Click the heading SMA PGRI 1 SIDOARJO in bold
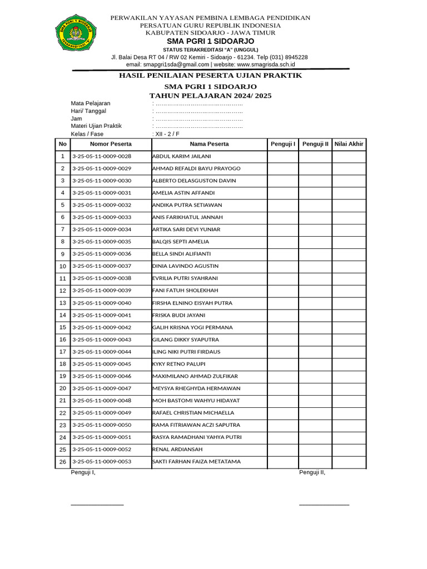pos(211,42)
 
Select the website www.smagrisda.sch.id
pos(255,64)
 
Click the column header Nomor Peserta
pos(111,144)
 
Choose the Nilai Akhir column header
pos(349,144)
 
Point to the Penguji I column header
pos(282,144)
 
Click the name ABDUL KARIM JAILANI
pos(181,157)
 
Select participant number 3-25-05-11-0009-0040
pos(102,303)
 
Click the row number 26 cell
pos(62,462)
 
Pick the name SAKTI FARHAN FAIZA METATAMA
pos(196,462)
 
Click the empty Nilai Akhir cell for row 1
pos(349,157)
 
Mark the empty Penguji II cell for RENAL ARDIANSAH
pos(315,450)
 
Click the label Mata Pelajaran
pos(90,103)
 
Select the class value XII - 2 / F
pos(167,134)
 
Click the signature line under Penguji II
pos(324,505)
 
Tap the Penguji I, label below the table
pos(83,473)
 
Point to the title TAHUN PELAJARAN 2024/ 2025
pos(211,96)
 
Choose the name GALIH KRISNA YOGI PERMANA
pos(192,328)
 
